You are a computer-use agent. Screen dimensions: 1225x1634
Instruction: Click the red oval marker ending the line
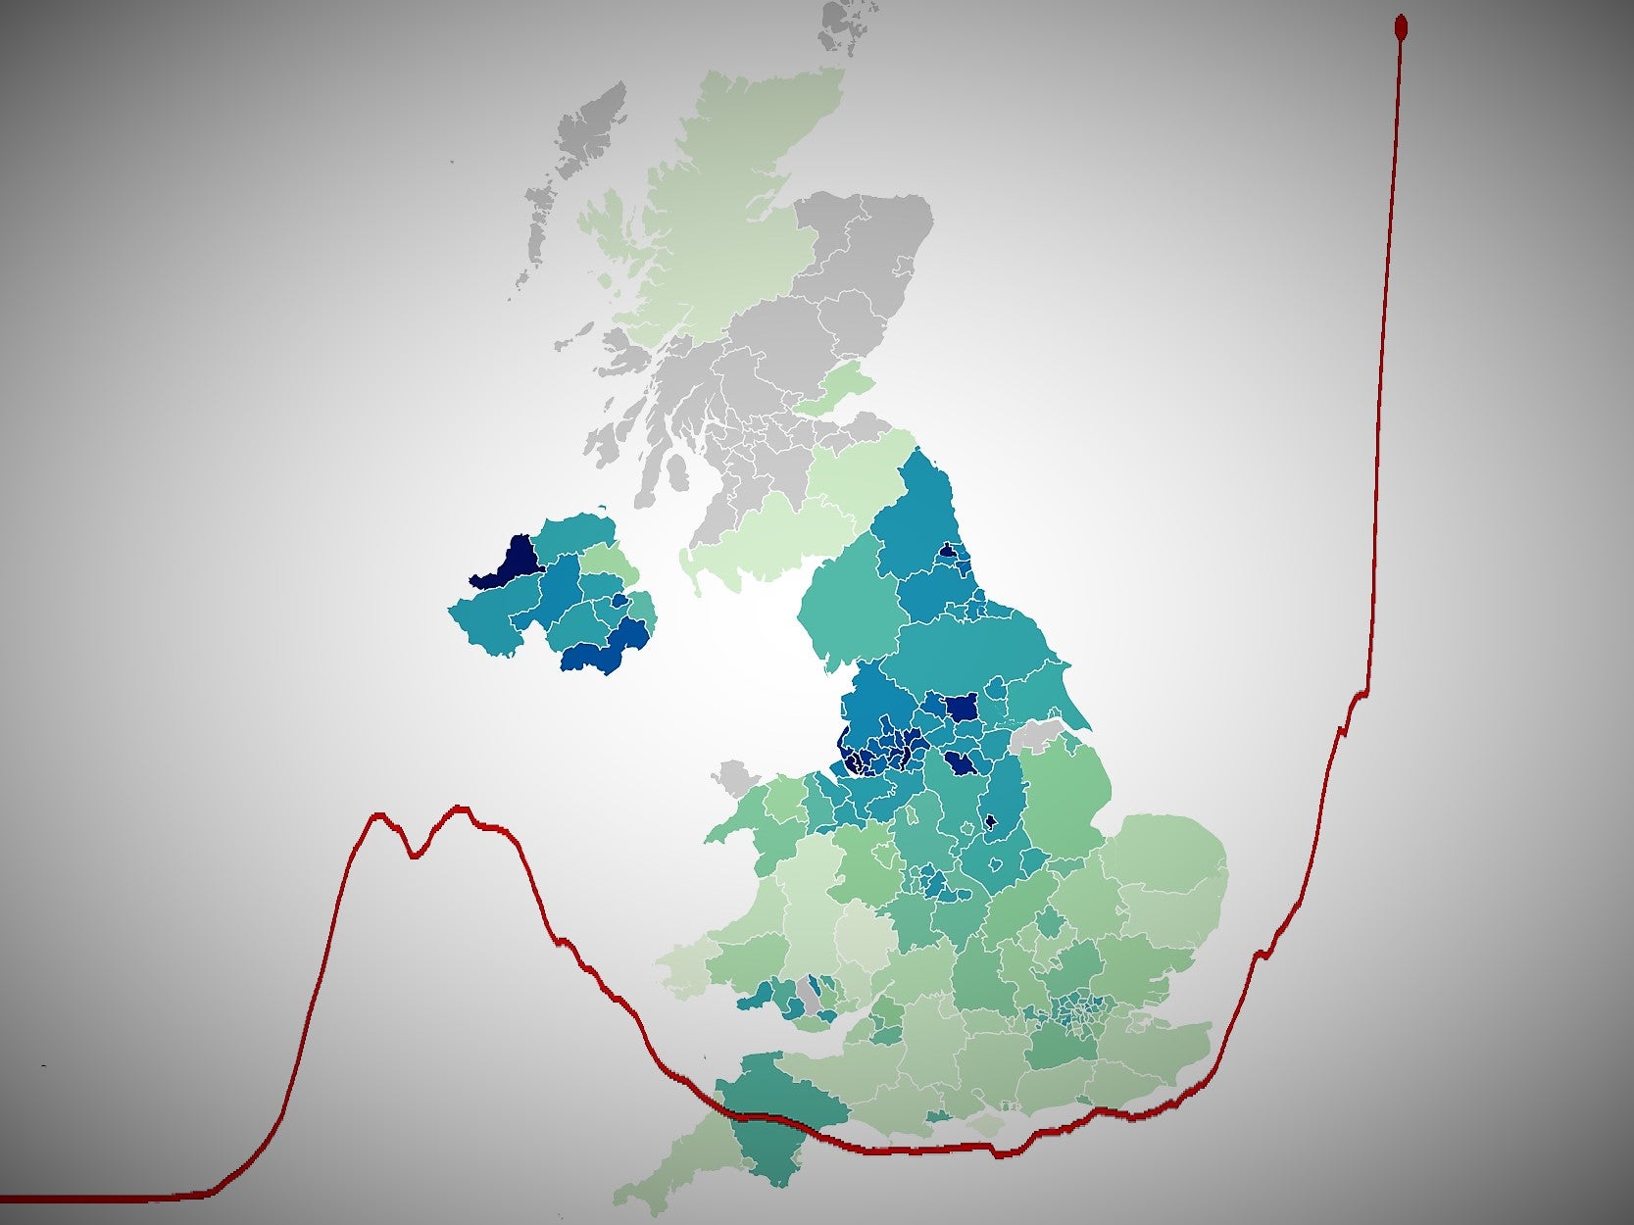click(x=1401, y=25)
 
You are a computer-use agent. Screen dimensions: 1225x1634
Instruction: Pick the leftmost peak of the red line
click(x=378, y=814)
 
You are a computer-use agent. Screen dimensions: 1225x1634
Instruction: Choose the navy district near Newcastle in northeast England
click(x=948, y=552)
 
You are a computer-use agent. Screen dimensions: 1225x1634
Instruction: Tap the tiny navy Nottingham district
click(x=989, y=822)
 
